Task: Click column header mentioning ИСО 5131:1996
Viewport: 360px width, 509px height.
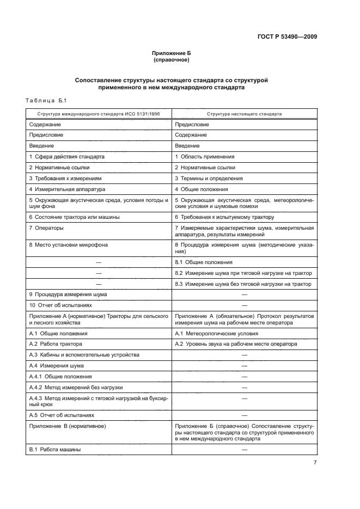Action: (x=99, y=115)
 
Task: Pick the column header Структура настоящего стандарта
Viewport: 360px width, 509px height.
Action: (x=244, y=115)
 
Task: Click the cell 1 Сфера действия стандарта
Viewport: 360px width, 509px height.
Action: (x=67, y=156)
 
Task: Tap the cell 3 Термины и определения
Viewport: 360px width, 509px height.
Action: (x=209, y=178)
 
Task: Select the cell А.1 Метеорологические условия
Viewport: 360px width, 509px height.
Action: (x=215, y=333)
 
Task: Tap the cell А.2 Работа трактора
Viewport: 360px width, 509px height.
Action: (x=56, y=344)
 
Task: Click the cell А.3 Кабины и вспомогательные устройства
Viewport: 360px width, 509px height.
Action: (x=81, y=354)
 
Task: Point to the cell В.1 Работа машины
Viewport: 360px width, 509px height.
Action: (x=55, y=449)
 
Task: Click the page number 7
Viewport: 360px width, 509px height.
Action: (x=314, y=463)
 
